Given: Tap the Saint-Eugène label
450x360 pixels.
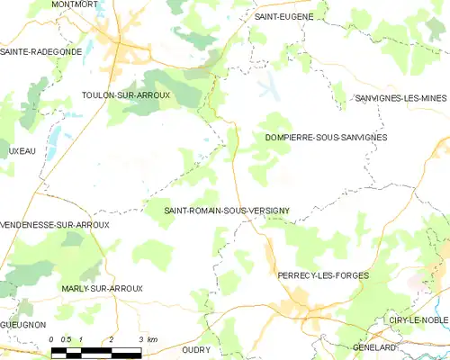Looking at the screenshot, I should [283, 16].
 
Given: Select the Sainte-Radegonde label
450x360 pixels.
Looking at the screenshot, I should [41, 51].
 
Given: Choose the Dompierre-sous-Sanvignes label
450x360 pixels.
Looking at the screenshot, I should [326, 137].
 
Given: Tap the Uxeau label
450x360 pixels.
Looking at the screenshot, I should [18, 151].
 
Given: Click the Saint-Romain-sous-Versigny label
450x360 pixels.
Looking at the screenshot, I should [226, 211].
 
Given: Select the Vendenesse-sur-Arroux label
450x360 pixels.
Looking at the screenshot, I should [55, 224].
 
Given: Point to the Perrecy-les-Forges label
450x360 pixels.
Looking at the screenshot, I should [323, 274].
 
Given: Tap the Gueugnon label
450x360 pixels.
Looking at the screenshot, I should [23, 323].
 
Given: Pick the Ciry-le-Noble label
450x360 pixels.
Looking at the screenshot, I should [418, 320].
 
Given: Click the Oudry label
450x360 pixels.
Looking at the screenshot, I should [196, 349].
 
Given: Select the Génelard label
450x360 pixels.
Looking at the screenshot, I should [400, 347].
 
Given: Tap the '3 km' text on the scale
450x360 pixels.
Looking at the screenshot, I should [148, 338].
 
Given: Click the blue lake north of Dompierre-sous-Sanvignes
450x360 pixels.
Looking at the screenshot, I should [269, 88].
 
